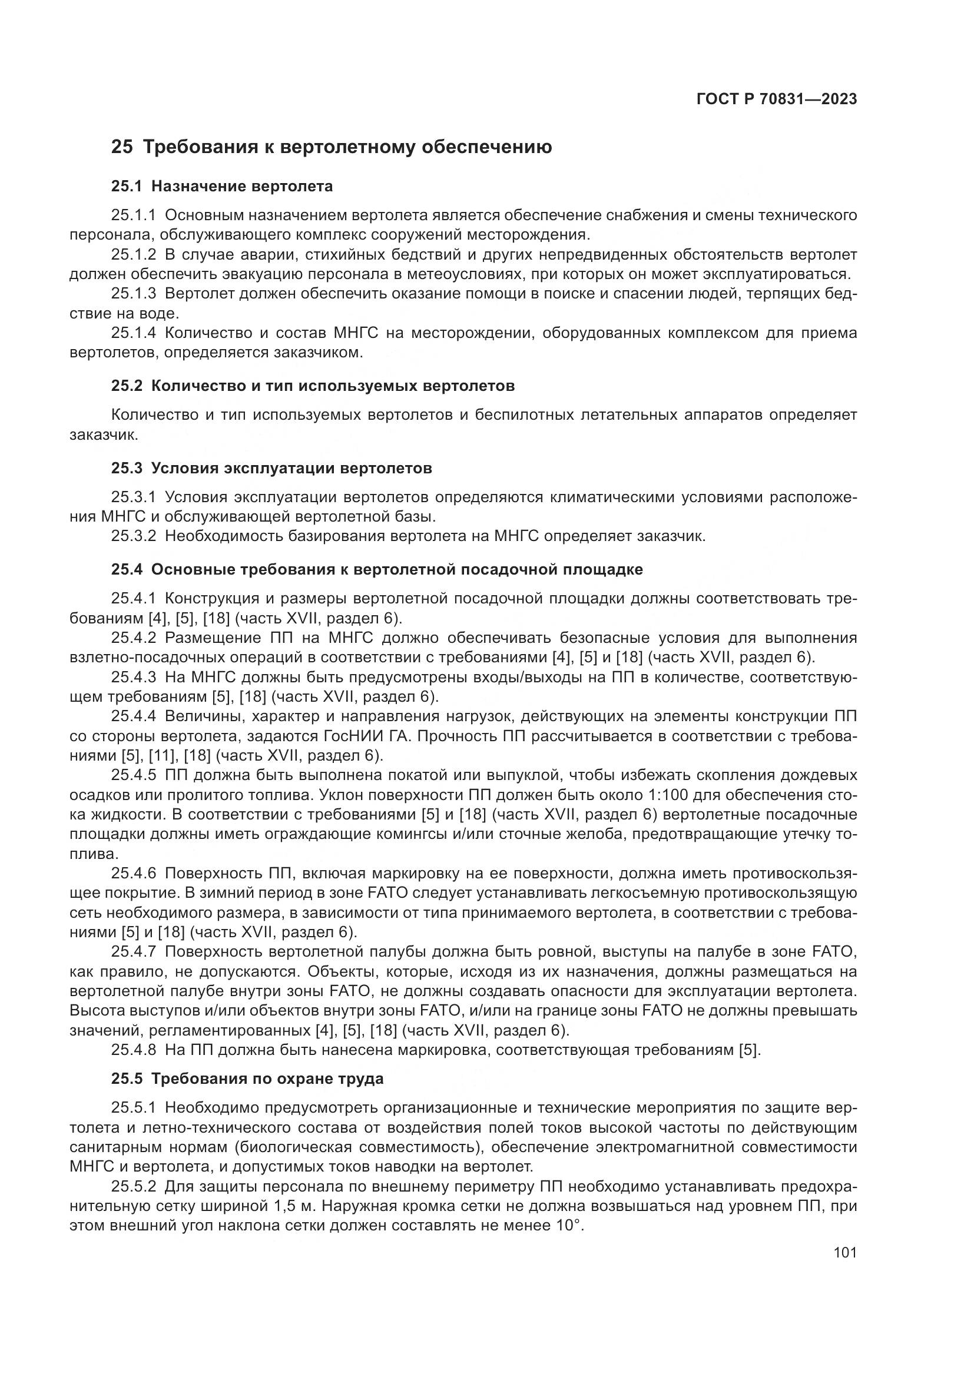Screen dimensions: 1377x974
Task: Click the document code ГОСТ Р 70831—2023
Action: (x=776, y=99)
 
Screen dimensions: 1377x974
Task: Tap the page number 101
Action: (x=845, y=1252)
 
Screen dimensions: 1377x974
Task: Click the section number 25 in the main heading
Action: (x=122, y=147)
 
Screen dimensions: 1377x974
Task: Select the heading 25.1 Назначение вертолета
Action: (x=222, y=187)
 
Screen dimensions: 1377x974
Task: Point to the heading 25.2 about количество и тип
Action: (x=313, y=386)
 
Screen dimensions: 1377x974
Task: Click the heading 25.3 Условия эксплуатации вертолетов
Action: (x=271, y=469)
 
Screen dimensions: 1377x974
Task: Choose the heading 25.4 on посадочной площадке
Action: (x=377, y=570)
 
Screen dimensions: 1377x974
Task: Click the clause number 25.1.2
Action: (x=133, y=255)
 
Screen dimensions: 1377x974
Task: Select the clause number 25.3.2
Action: (x=133, y=536)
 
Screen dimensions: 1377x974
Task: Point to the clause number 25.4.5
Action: (x=133, y=775)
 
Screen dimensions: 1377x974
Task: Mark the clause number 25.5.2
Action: (x=133, y=1186)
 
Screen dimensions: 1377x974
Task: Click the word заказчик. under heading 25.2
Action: (x=104, y=435)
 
